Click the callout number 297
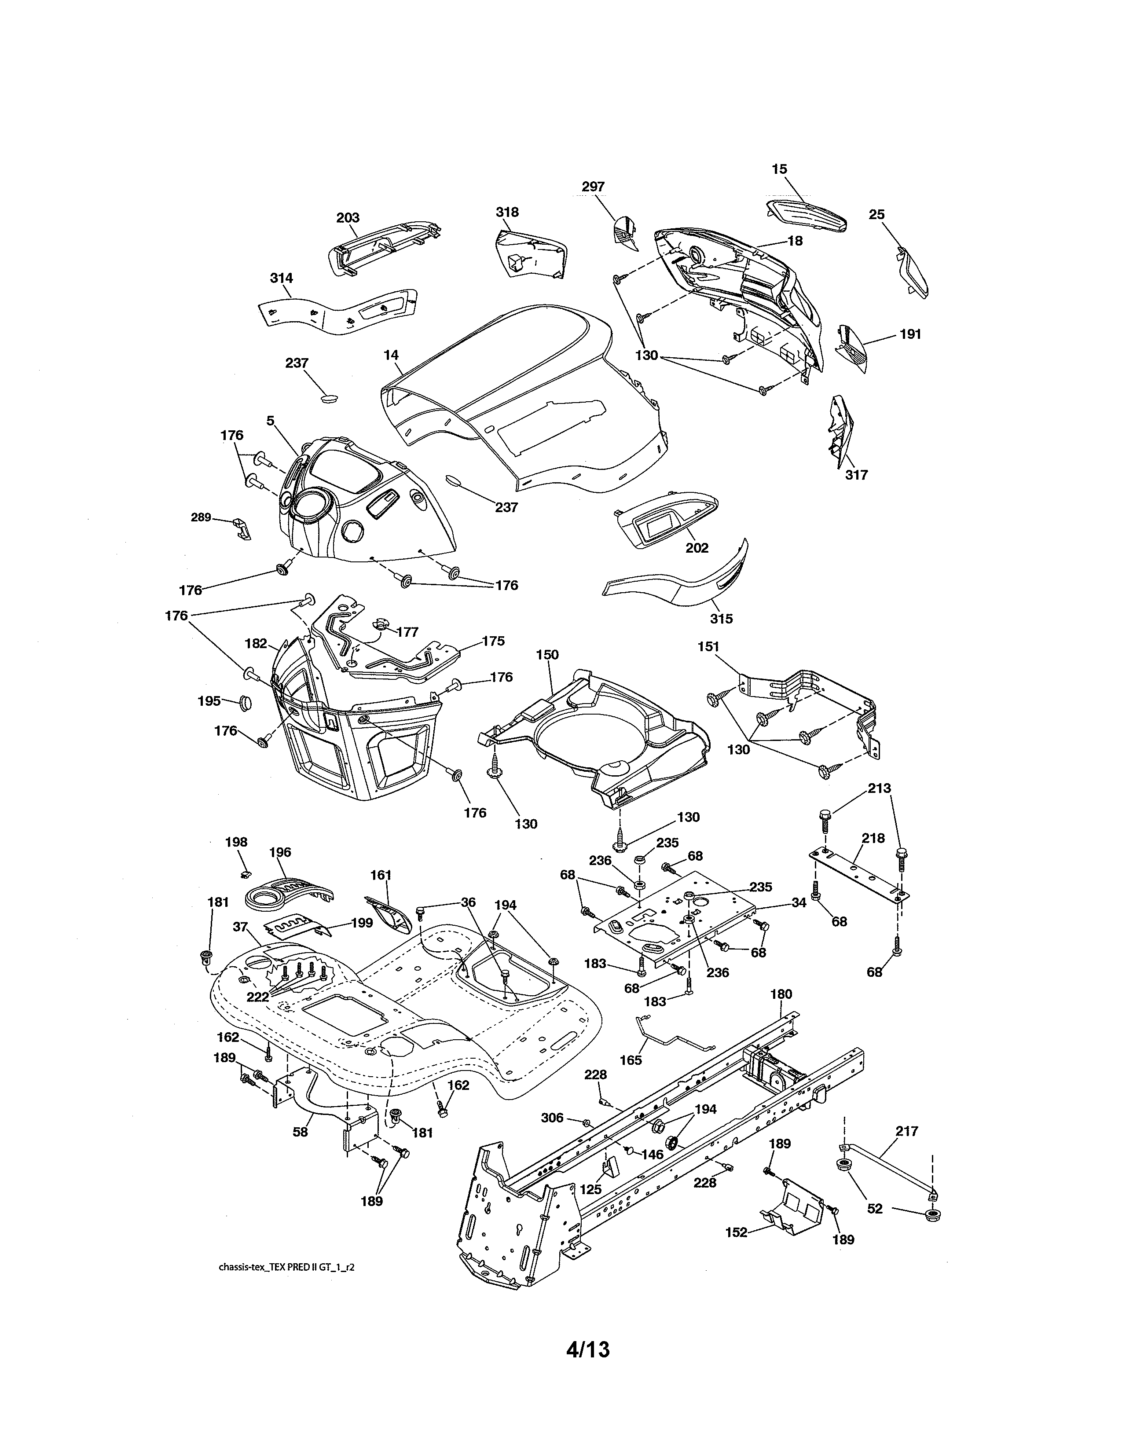593,187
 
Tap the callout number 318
507,212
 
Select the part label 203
348,217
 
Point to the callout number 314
281,278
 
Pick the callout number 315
721,618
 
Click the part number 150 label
547,654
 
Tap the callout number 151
708,646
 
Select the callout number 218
873,838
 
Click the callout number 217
907,1131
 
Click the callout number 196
280,852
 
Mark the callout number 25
877,215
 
